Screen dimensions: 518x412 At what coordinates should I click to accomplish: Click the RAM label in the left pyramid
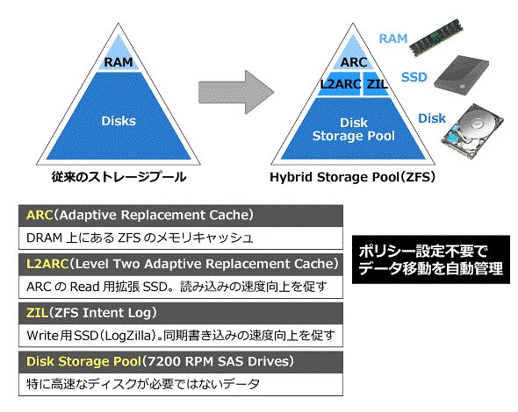[119, 62]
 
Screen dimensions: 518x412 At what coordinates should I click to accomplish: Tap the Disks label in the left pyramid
[119, 121]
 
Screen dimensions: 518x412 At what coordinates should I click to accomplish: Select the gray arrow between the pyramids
[236, 92]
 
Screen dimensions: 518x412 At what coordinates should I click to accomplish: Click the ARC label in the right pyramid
[354, 62]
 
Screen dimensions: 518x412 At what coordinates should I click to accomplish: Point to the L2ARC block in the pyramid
[340, 84]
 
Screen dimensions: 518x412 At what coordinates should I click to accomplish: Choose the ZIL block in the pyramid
[377, 84]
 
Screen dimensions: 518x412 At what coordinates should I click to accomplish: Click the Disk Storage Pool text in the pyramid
[354, 130]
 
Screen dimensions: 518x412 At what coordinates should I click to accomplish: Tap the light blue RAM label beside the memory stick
[393, 39]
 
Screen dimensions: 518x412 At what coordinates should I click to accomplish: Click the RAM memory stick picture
[435, 36]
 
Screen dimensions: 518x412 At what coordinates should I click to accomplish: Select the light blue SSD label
[414, 77]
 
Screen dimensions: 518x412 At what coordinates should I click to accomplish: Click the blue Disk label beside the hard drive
[432, 118]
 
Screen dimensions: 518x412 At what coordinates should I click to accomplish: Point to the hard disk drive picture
[473, 131]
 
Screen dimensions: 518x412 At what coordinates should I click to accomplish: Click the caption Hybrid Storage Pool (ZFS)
[352, 177]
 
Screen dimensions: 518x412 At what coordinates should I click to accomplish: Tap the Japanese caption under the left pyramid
[119, 177]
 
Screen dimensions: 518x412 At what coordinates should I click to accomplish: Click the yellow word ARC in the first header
[40, 215]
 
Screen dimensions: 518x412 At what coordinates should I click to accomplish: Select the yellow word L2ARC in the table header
[47, 264]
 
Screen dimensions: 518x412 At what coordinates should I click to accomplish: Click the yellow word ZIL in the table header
[38, 313]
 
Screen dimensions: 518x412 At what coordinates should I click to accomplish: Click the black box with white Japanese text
[431, 259]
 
